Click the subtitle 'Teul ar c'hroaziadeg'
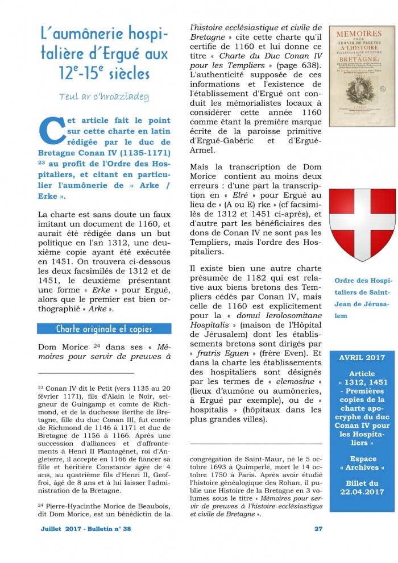click(103, 97)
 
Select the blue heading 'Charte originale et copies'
click(104, 329)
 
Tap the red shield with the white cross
click(362, 225)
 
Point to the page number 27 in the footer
click(318, 528)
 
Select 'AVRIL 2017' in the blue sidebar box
click(362, 359)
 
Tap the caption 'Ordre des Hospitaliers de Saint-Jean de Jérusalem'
click(362, 298)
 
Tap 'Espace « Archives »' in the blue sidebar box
click(362, 462)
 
